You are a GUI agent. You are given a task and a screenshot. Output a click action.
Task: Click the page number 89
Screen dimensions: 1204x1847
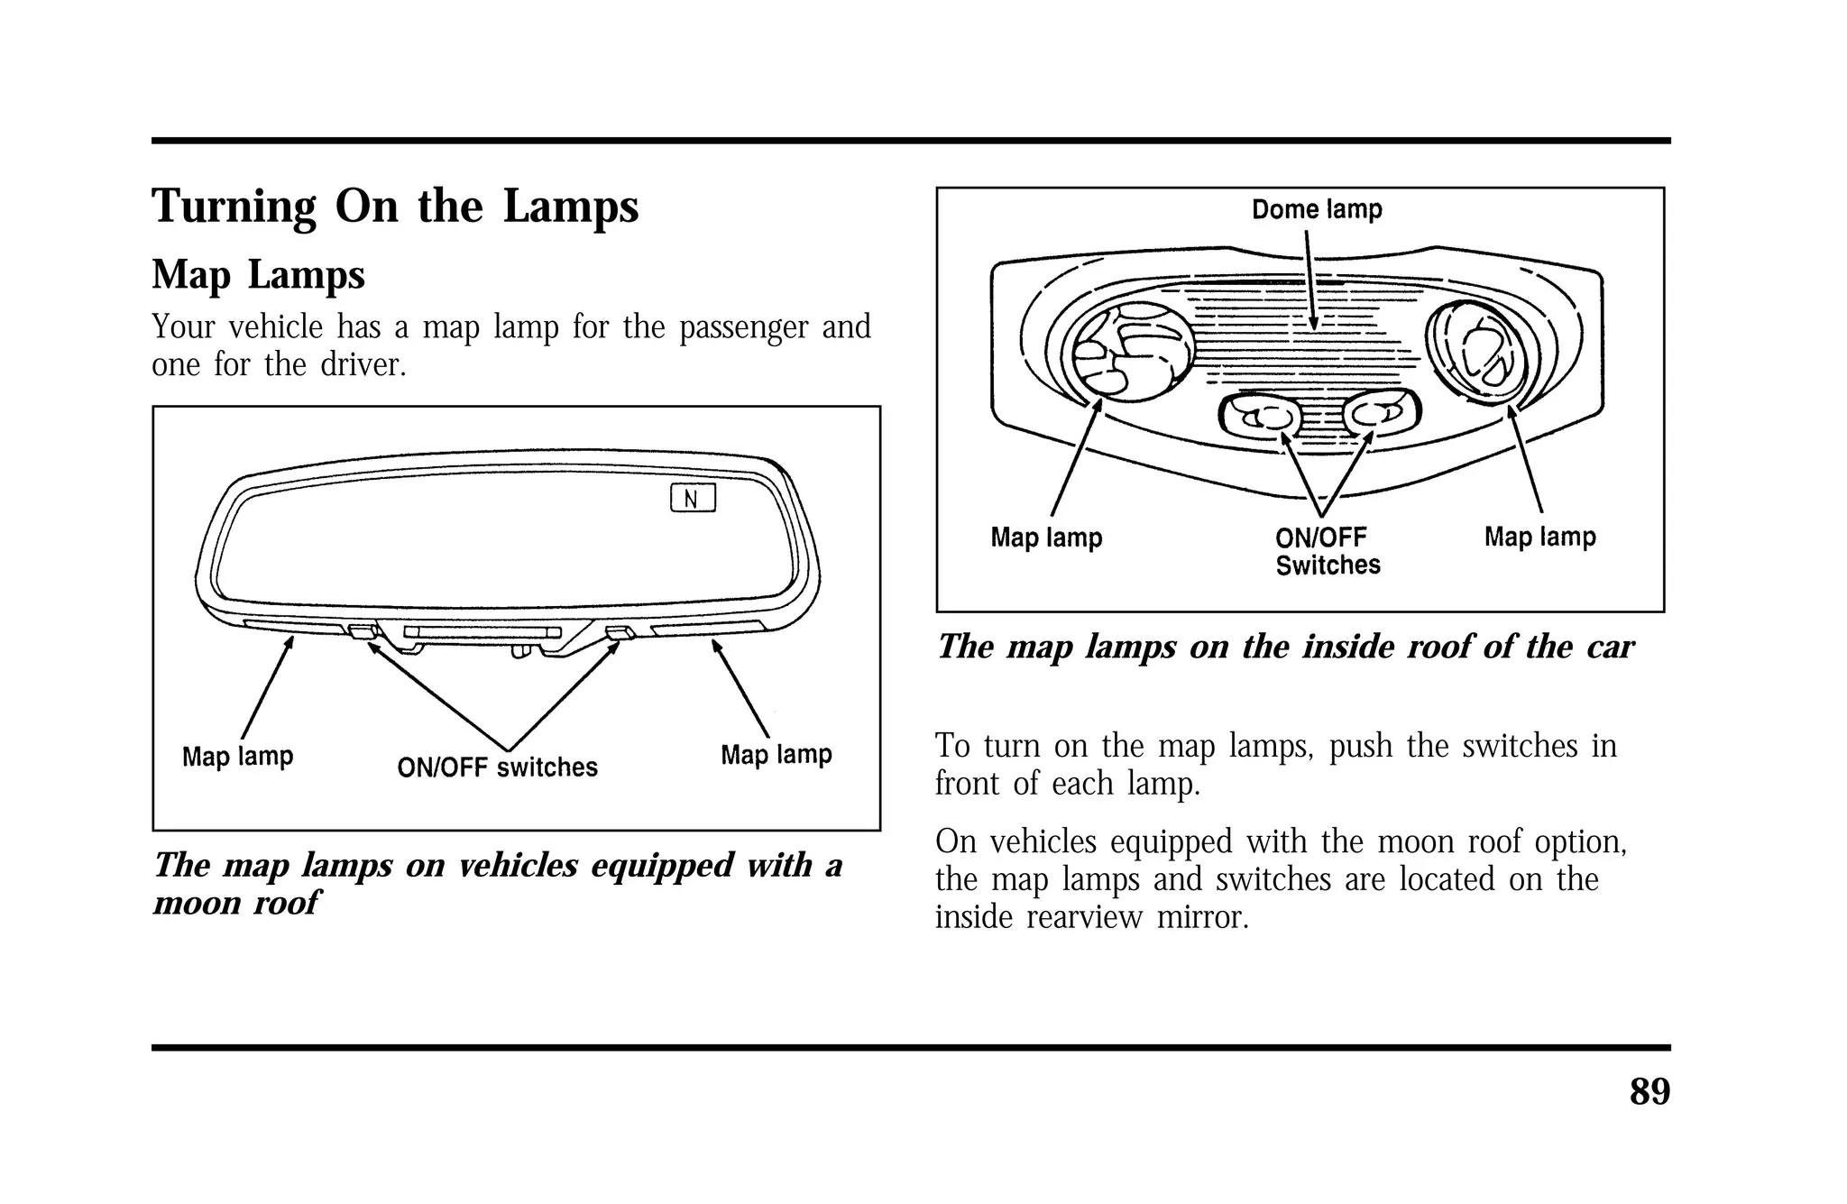pos(1649,1092)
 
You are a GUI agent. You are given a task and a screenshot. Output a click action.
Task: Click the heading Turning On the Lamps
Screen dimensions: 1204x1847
pos(395,207)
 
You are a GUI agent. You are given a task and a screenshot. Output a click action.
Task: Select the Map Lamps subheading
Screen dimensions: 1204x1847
pos(258,275)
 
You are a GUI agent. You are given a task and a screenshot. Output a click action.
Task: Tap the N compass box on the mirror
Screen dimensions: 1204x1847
pos(693,499)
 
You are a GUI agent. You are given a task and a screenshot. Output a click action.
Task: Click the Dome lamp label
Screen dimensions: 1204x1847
pos(1317,210)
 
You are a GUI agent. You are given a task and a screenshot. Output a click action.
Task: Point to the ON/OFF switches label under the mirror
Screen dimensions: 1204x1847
pos(497,767)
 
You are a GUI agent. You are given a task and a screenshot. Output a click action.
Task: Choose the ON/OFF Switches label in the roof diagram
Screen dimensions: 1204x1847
pos(1327,551)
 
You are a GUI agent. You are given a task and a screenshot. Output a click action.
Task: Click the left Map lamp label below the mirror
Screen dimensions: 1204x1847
pos(237,756)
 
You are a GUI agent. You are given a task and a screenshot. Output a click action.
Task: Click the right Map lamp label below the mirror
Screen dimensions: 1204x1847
pos(776,754)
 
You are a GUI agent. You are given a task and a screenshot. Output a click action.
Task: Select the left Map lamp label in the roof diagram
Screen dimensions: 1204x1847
pos(1046,538)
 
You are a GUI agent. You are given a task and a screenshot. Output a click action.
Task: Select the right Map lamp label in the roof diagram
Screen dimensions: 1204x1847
pos(1539,537)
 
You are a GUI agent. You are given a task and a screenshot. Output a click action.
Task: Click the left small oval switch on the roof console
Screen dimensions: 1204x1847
pos(1261,416)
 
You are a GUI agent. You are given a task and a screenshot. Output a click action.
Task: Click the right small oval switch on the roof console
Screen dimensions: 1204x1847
pos(1380,414)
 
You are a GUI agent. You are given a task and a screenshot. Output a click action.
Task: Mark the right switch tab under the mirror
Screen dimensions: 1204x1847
pos(620,631)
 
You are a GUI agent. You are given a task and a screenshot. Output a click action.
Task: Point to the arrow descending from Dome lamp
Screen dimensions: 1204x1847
pos(1310,280)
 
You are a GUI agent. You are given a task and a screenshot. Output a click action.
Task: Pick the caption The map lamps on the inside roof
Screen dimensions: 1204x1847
pos(1284,647)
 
